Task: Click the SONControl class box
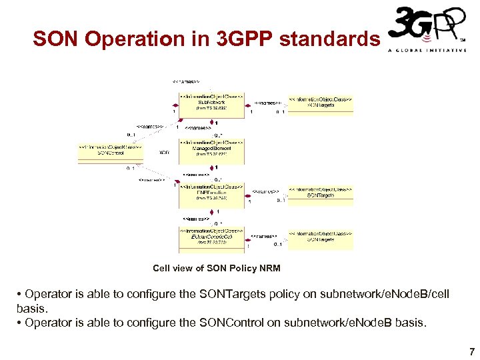pos(111,151)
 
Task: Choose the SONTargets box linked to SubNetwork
pos(321,103)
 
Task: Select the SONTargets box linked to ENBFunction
pos(321,193)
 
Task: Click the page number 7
pos(471,351)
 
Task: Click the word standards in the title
pos(329,39)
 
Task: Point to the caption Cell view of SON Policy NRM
pos(216,268)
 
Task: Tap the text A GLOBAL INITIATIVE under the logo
pos(427,51)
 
